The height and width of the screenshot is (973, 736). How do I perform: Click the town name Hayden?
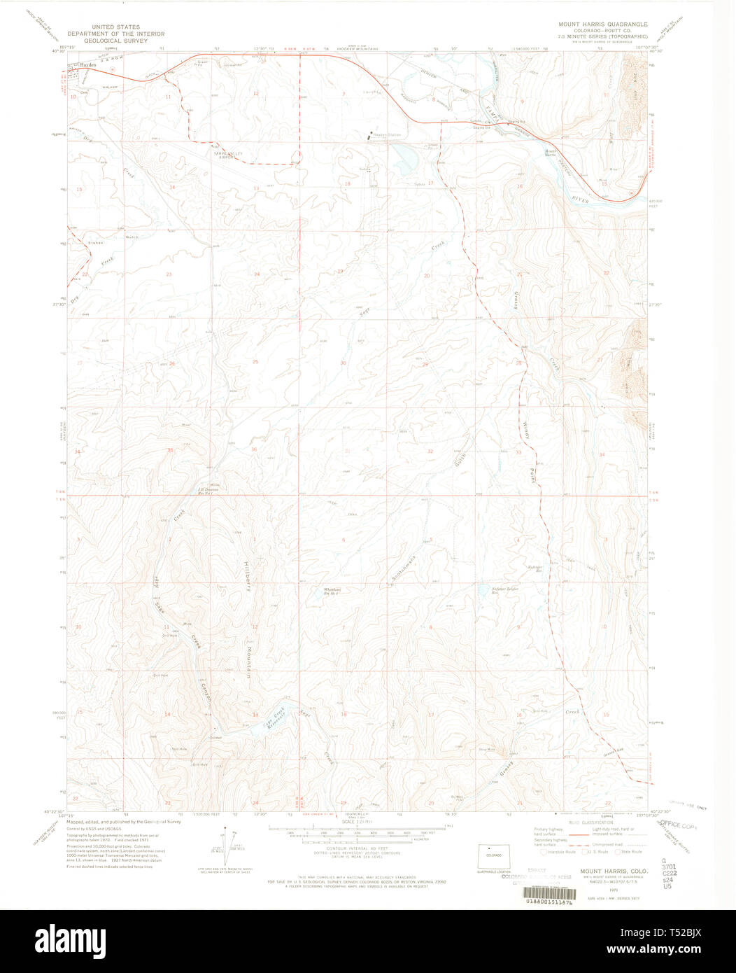click(87, 64)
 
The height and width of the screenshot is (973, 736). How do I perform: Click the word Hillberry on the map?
click(246, 575)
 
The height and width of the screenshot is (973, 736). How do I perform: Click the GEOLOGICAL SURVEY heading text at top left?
click(115, 41)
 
